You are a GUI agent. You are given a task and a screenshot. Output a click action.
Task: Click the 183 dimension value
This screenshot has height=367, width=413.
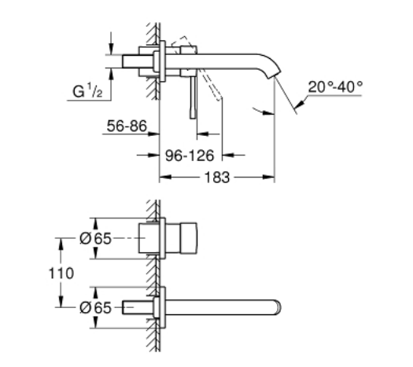tap(217, 178)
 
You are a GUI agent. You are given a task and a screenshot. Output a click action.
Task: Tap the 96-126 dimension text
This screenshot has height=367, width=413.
tap(190, 156)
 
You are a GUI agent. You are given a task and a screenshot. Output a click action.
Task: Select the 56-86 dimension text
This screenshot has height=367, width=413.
tap(127, 126)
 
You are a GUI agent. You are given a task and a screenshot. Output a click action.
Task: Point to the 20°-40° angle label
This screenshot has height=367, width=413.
tap(335, 86)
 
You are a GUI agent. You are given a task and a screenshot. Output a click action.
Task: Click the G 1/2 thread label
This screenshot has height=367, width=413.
tap(87, 90)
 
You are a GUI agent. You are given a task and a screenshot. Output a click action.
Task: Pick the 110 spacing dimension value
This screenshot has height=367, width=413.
tap(61, 273)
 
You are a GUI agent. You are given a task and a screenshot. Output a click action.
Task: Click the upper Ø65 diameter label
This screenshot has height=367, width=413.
tap(95, 239)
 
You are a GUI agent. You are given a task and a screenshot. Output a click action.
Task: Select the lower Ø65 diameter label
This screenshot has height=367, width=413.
tap(95, 307)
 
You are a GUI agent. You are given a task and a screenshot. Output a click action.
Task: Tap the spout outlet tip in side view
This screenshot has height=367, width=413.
tap(275, 74)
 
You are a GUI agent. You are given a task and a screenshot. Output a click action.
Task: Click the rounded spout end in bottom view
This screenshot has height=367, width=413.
tap(278, 307)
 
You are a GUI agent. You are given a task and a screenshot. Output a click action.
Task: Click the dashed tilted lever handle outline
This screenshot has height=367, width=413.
tap(211, 84)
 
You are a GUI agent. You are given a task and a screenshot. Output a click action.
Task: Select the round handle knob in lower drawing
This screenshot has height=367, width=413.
tap(189, 238)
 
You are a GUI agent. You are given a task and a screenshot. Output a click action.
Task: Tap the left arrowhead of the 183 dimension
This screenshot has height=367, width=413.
tap(165, 177)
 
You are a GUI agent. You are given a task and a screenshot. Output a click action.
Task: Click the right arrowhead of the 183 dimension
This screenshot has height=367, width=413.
tap(269, 177)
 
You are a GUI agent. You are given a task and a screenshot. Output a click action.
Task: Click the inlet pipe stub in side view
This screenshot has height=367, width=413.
tap(138, 61)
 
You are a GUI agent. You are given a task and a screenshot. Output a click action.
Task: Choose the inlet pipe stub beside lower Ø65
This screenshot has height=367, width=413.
tap(138, 307)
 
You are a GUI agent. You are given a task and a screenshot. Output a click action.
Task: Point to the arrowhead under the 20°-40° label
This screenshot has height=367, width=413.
tap(300, 105)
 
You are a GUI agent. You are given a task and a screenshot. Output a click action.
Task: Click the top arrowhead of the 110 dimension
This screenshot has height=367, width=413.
tap(61, 244)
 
